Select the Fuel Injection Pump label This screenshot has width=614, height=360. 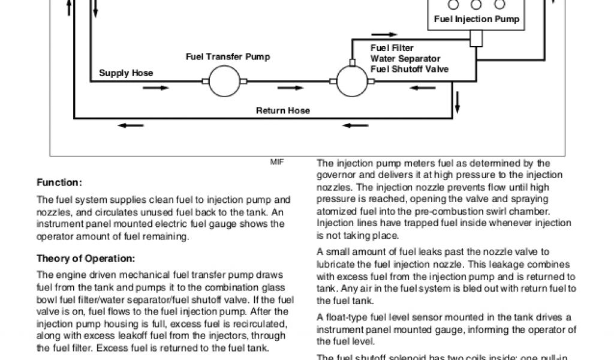tap(476, 19)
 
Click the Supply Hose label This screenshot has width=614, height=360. tap(126, 73)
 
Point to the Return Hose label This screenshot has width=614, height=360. tap(283, 110)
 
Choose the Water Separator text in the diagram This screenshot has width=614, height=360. tap(405, 59)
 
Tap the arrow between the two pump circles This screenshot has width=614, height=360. tap(292, 88)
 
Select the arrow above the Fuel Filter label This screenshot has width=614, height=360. tap(384, 35)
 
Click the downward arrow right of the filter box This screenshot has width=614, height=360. tap(458, 101)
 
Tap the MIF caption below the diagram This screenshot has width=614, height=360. tap(277, 162)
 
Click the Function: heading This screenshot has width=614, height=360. tap(59, 182)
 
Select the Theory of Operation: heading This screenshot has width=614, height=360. tap(86, 259)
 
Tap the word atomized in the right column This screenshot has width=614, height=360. tap(336, 211)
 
